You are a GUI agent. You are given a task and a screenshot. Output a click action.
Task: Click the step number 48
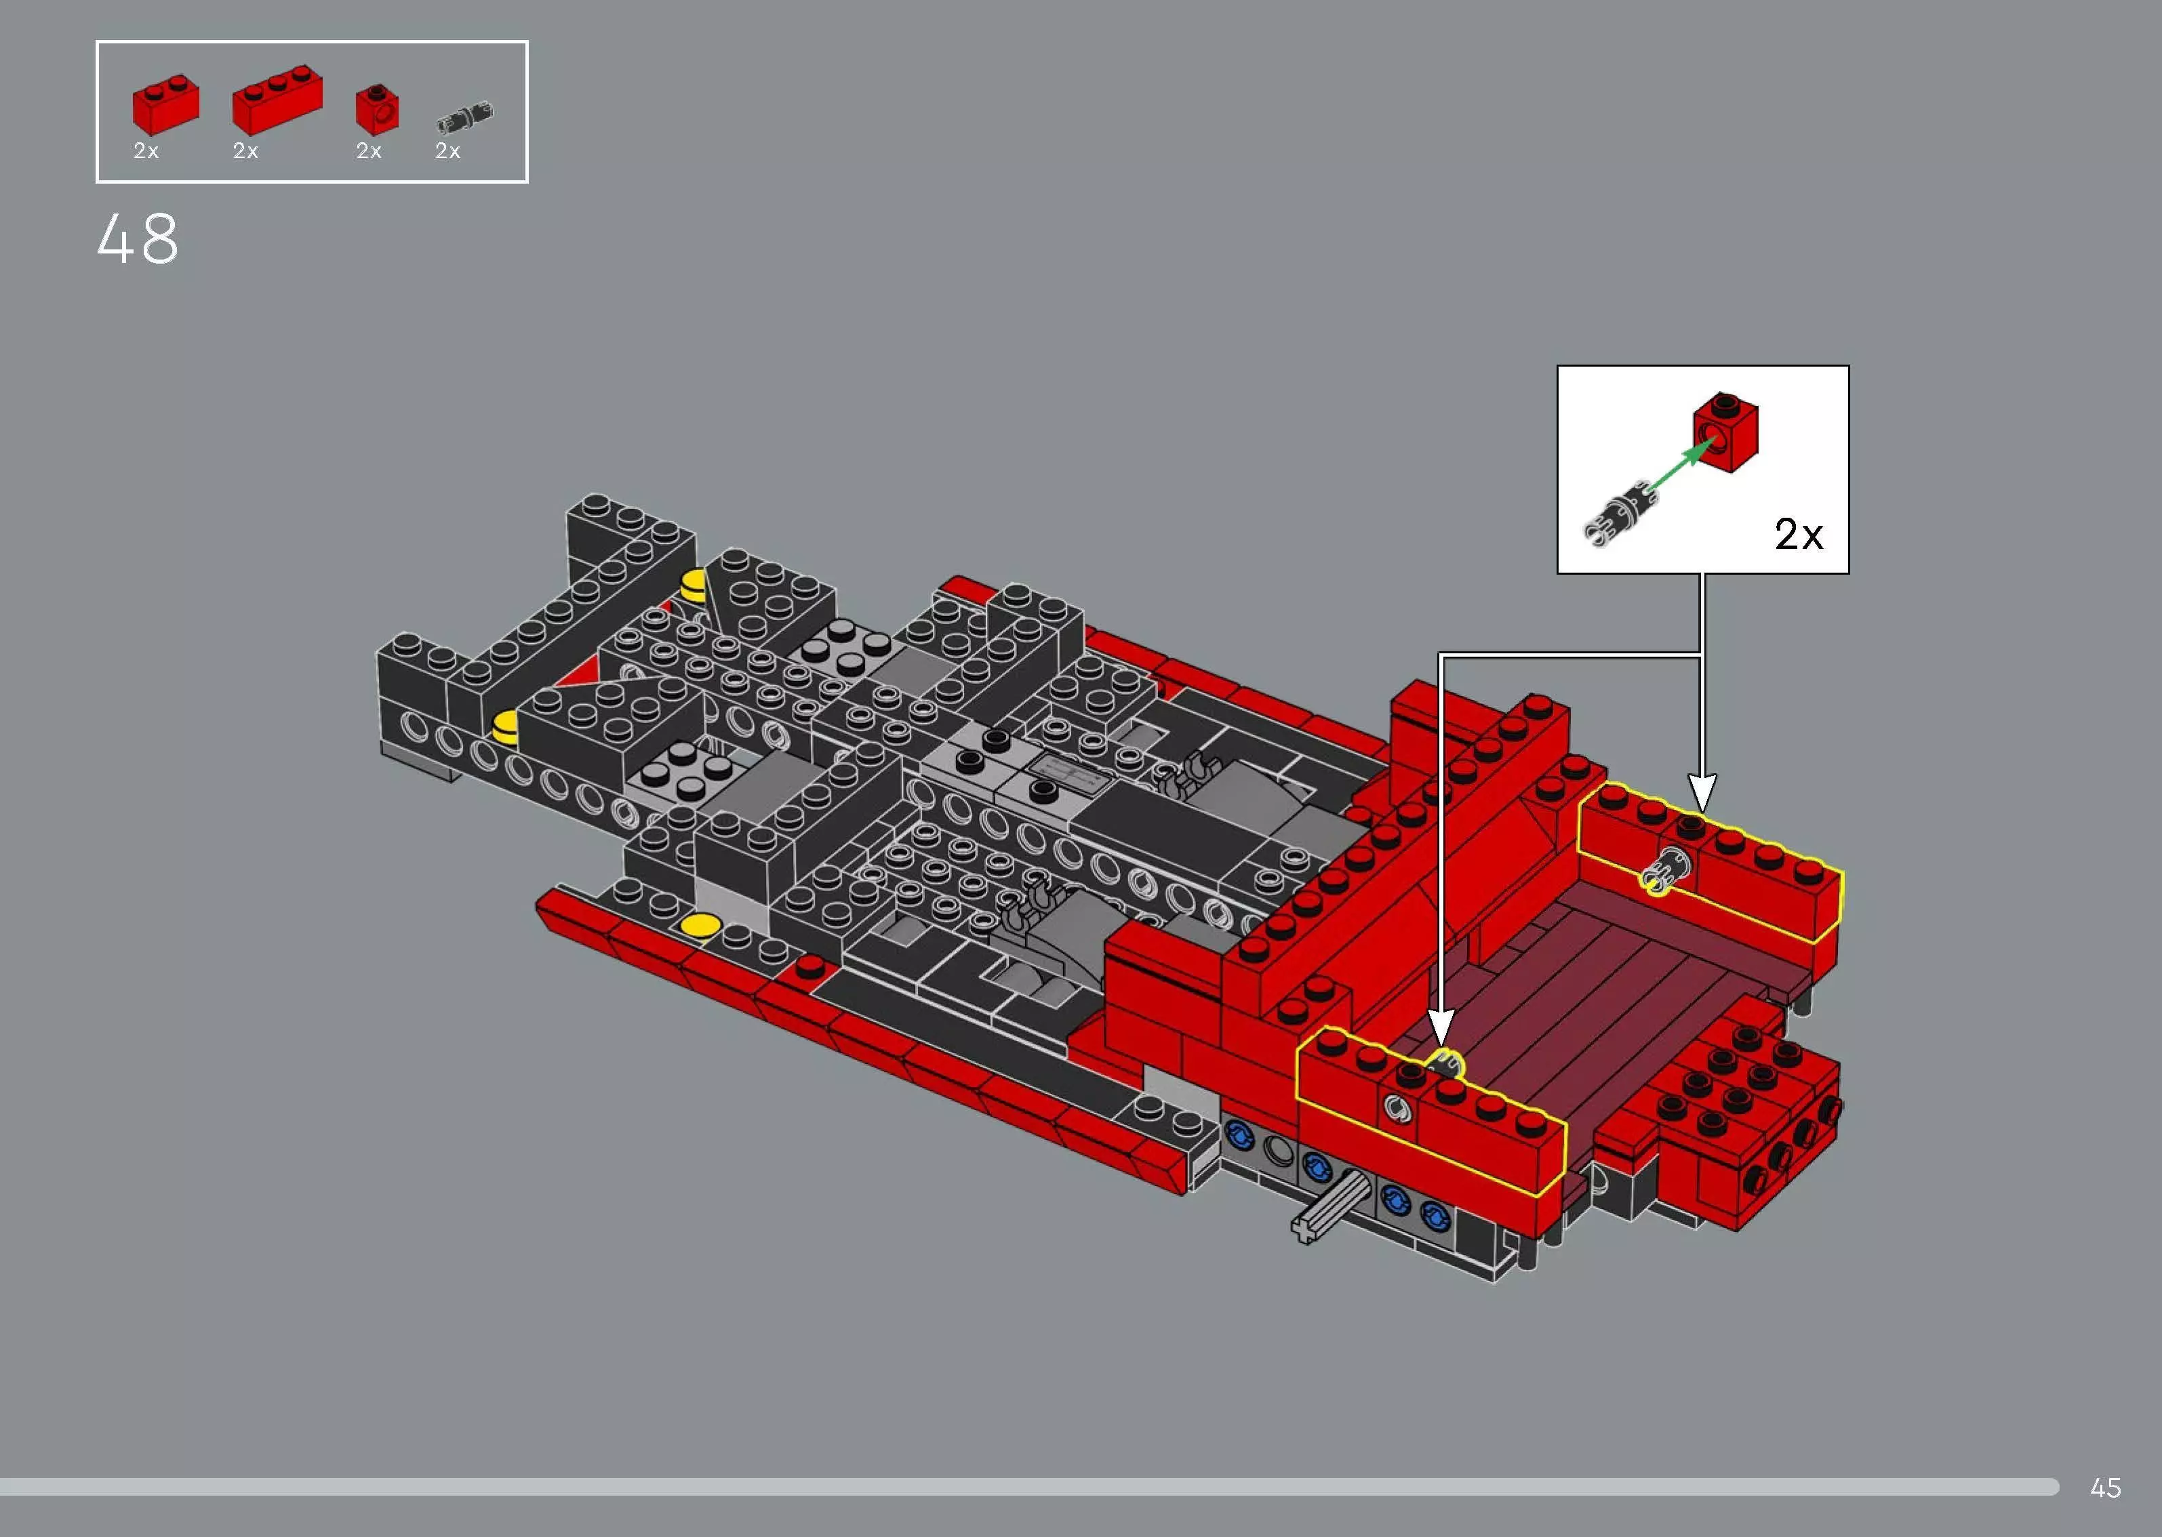coord(137,239)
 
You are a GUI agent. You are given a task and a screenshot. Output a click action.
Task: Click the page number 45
coord(2105,1488)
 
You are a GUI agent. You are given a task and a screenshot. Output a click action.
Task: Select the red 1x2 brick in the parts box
coord(165,105)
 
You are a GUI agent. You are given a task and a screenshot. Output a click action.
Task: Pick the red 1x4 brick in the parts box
coord(277,100)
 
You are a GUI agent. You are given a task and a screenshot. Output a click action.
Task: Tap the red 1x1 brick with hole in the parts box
coord(377,109)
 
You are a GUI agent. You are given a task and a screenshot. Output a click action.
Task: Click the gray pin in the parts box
coord(464,117)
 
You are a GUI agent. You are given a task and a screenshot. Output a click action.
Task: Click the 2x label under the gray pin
coord(447,151)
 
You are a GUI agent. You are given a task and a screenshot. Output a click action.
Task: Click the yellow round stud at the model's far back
coord(694,584)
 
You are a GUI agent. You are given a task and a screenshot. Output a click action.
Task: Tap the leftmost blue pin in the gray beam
coord(1239,1133)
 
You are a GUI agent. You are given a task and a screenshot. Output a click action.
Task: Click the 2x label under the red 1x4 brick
coord(245,151)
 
